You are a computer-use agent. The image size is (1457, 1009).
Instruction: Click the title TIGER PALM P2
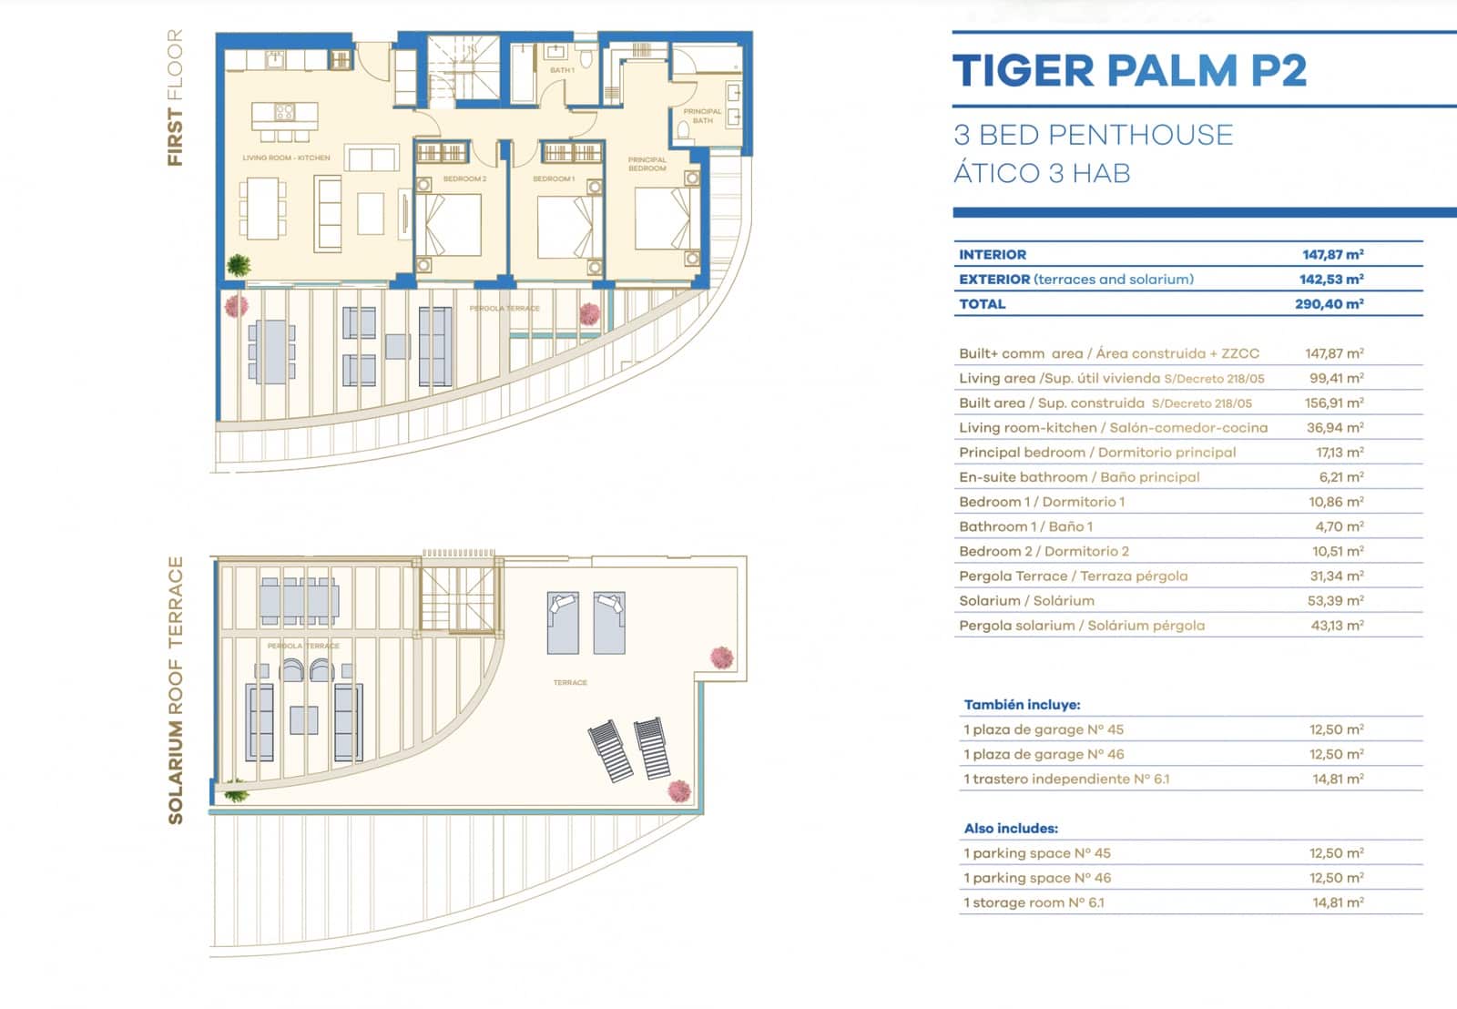click(x=1129, y=71)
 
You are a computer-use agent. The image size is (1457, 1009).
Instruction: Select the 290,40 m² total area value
click(x=1329, y=304)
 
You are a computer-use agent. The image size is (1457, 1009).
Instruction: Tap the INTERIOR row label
click(x=992, y=255)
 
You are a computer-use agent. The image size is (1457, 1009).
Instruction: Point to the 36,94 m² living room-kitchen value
click(x=1334, y=427)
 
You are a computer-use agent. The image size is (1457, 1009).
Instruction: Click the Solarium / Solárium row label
click(x=1026, y=601)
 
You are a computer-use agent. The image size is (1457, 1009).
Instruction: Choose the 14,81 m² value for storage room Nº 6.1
click(x=1338, y=902)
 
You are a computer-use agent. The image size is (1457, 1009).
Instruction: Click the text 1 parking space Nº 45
click(x=1036, y=853)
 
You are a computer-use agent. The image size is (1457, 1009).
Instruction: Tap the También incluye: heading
click(x=1022, y=705)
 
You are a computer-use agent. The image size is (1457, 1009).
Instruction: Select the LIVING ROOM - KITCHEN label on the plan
click(x=286, y=158)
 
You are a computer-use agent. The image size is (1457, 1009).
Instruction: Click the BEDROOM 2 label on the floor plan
click(x=464, y=179)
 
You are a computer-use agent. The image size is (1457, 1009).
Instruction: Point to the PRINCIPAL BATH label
click(x=702, y=116)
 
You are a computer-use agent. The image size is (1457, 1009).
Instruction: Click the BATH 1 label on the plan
click(x=562, y=70)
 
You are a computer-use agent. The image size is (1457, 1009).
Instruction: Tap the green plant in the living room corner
click(x=239, y=265)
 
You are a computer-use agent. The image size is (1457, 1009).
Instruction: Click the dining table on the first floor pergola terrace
click(x=271, y=352)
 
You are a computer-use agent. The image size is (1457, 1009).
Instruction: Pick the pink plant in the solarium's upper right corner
click(x=722, y=657)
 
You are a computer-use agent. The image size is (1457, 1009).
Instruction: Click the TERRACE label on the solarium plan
click(x=570, y=682)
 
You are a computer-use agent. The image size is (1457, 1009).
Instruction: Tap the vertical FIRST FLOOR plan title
click(x=175, y=97)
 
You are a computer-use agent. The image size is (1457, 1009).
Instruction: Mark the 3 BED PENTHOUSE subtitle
click(x=1093, y=135)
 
